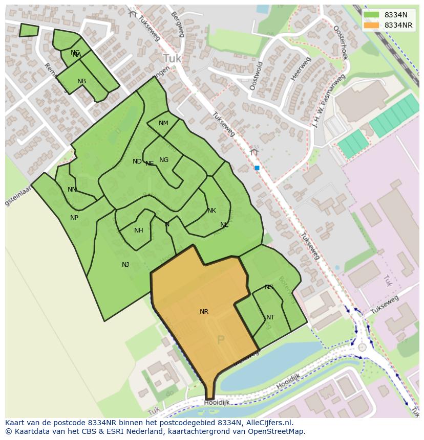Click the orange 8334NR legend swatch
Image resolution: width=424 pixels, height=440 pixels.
click(x=372, y=25)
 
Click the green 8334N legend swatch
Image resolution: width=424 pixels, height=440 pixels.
click(x=372, y=15)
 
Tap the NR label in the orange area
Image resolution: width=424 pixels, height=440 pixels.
click(x=204, y=311)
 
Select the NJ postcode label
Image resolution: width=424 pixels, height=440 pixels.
click(x=125, y=264)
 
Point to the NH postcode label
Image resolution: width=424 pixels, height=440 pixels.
click(x=139, y=230)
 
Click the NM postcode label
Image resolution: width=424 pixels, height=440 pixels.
click(x=163, y=123)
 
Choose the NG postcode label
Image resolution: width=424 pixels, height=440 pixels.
click(x=164, y=160)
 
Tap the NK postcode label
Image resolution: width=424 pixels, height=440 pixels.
click(x=211, y=211)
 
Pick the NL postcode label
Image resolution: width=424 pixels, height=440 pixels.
click(x=224, y=225)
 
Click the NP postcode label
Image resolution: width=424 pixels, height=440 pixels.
click(x=74, y=218)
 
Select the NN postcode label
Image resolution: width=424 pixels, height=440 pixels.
click(x=72, y=190)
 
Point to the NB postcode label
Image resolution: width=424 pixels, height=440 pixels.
click(x=81, y=81)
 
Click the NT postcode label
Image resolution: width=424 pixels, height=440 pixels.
click(x=270, y=317)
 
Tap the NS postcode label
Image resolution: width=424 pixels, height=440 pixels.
click(x=269, y=287)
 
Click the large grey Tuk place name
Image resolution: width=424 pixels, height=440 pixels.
click(x=172, y=58)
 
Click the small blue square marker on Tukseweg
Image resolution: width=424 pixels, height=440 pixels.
click(x=257, y=168)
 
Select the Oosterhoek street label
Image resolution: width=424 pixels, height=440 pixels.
click(x=341, y=43)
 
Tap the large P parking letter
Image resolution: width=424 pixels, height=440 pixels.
click(x=221, y=340)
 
